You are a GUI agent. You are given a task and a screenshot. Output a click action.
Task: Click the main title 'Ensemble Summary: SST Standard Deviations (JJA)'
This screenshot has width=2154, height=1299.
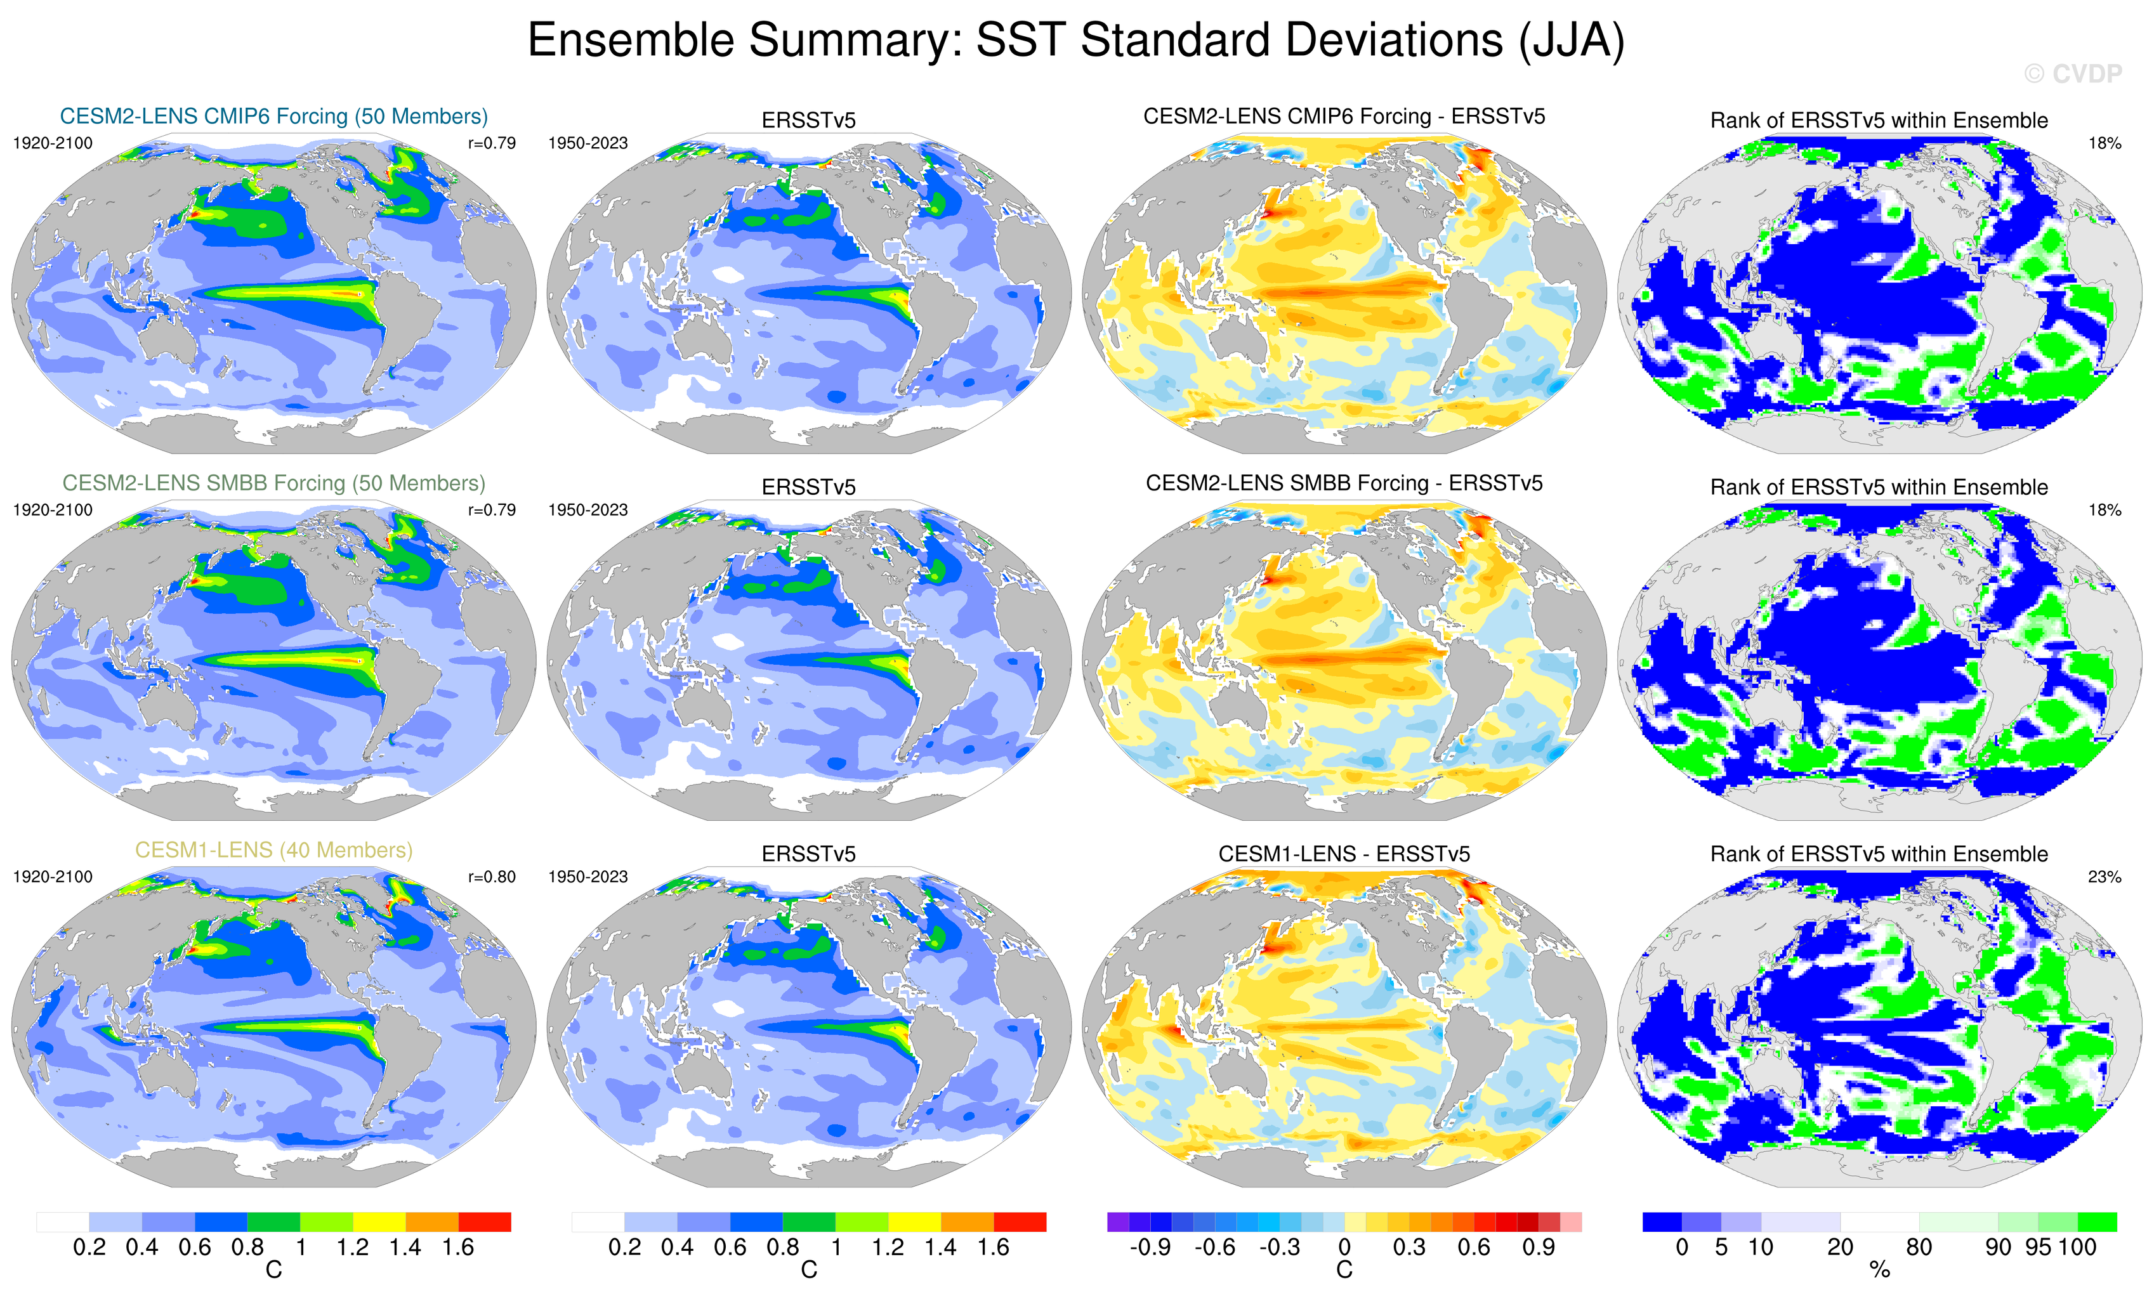click(x=1076, y=40)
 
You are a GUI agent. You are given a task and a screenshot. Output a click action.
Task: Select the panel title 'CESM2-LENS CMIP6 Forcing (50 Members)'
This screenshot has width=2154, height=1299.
click(x=273, y=116)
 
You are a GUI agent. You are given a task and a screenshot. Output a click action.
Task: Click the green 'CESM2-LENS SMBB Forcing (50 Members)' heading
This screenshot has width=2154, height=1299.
click(x=273, y=483)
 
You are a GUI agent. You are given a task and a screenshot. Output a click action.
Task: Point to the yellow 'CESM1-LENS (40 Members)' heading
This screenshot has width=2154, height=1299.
click(x=273, y=850)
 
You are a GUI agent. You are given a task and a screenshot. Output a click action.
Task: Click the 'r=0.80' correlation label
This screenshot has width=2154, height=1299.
click(x=491, y=877)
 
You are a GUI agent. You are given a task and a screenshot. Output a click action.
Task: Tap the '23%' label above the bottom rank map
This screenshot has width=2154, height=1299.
click(x=2104, y=877)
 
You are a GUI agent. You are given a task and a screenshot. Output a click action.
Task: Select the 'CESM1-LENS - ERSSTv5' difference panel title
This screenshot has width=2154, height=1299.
click(x=1344, y=854)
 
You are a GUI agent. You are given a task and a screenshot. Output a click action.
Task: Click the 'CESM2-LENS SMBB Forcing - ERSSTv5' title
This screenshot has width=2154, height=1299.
click(x=1344, y=483)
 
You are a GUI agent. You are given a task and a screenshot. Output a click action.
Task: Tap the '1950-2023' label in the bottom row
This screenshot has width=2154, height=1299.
click(x=588, y=877)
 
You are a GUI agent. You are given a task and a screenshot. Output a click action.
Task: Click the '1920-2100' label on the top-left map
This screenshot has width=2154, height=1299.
click(x=53, y=143)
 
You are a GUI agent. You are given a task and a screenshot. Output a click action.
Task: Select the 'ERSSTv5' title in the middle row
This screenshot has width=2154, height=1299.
click(x=809, y=487)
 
